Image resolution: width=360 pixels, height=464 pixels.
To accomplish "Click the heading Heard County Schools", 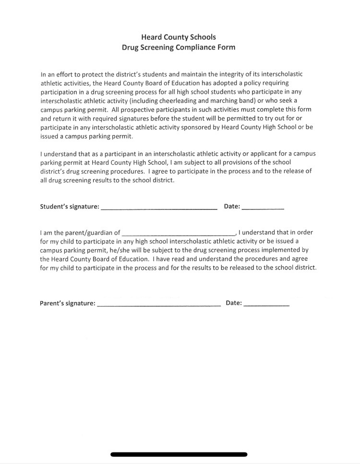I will click(x=179, y=37).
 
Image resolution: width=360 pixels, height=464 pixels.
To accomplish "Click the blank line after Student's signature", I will click(x=159, y=208).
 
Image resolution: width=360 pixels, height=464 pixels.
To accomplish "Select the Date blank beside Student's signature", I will click(x=263, y=208).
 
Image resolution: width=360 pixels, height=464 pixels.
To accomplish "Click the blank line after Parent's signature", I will click(x=159, y=304).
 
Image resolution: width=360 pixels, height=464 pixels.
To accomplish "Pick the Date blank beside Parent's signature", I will click(x=266, y=304).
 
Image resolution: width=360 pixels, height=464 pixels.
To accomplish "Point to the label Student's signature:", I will click(x=70, y=207).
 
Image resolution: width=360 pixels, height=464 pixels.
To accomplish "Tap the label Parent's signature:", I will click(x=68, y=304).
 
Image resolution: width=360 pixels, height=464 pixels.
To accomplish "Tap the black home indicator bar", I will click(x=179, y=454).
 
